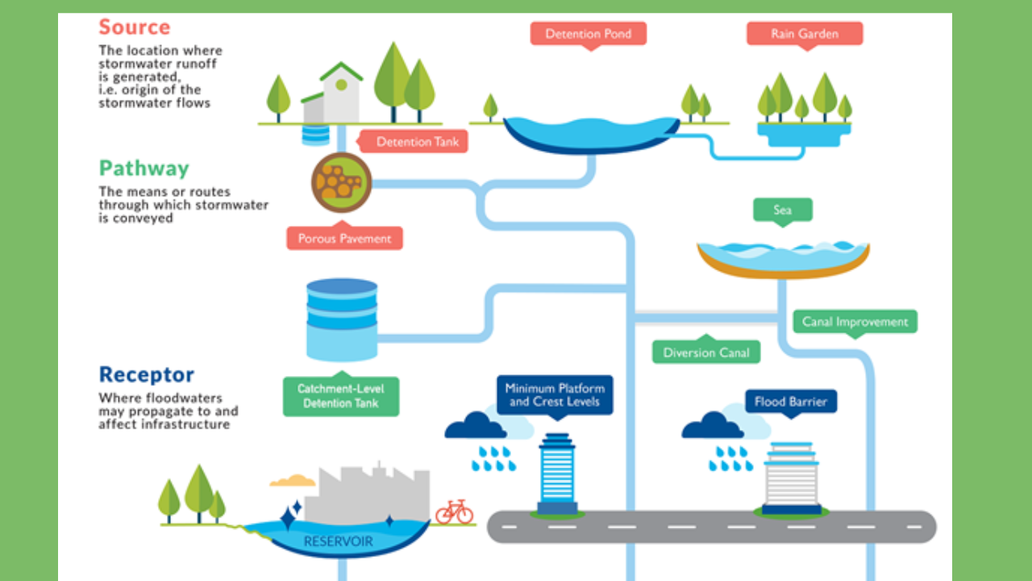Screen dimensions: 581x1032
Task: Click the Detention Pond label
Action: tap(588, 34)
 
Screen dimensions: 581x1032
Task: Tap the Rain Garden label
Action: tap(804, 34)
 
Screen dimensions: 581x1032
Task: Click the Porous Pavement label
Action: tap(344, 239)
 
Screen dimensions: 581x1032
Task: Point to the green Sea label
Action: tap(782, 211)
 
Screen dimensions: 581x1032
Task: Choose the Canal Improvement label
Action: tap(855, 322)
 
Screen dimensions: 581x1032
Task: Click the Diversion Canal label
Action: tap(706, 353)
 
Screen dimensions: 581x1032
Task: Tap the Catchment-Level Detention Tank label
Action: tap(341, 395)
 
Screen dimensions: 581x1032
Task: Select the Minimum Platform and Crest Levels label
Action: tap(555, 395)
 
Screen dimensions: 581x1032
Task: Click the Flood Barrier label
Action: tap(790, 401)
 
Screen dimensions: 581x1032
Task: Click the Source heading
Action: tap(135, 27)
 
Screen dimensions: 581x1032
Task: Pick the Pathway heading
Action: tap(144, 169)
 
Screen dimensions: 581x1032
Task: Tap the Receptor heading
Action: tap(147, 374)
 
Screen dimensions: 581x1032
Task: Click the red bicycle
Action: tap(454, 512)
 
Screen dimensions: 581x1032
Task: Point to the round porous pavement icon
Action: tap(342, 182)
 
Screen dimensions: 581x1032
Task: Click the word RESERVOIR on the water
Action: tap(338, 541)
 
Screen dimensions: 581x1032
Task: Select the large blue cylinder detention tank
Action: tap(342, 319)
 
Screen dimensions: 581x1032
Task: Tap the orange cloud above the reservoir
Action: tap(292, 481)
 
